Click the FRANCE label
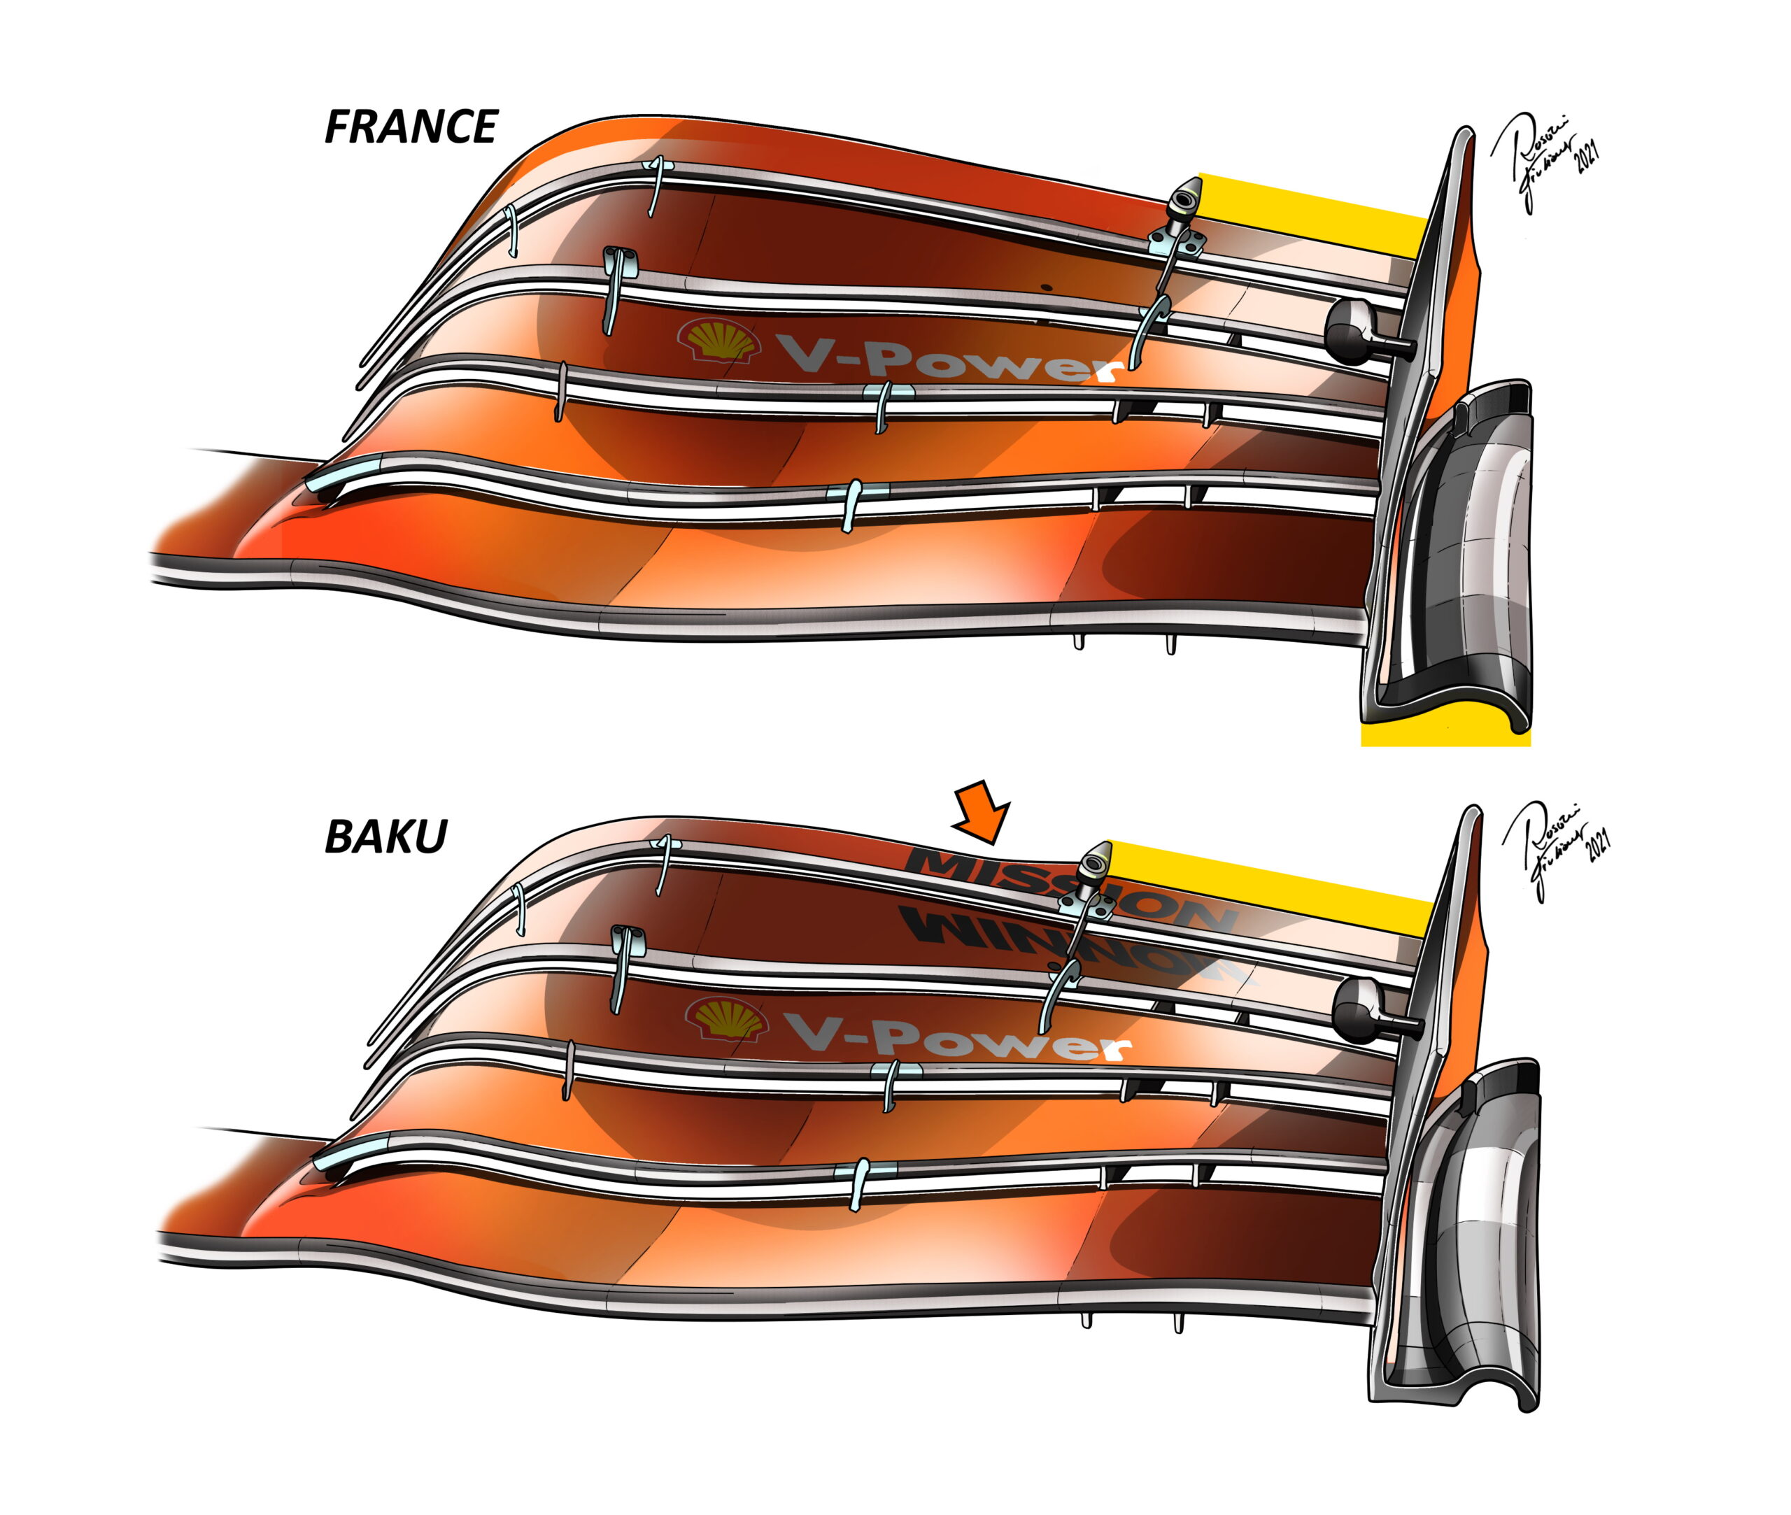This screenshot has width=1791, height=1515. pyautogui.click(x=411, y=127)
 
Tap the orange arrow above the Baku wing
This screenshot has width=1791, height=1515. pyautogui.click(x=984, y=811)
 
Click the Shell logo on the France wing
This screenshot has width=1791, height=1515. pyautogui.click(x=719, y=341)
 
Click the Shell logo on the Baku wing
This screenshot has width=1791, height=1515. pyautogui.click(x=727, y=1020)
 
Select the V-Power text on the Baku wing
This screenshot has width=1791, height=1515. pyautogui.click(x=958, y=1039)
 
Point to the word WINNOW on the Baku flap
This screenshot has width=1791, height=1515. pyautogui.click(x=1074, y=945)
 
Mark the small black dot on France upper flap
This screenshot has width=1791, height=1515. pyautogui.click(x=1045, y=286)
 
